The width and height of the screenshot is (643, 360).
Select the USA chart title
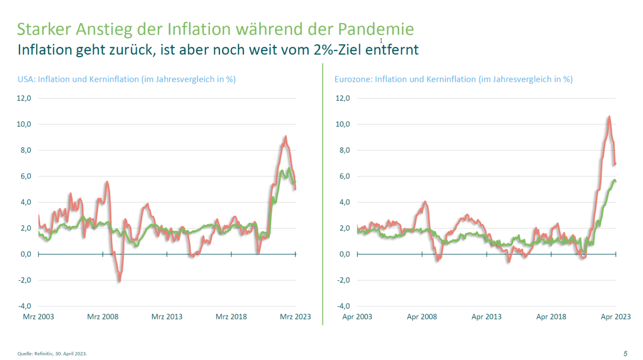(x=127, y=79)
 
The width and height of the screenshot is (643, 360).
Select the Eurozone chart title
(x=453, y=79)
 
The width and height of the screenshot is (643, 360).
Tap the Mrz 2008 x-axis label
(x=102, y=317)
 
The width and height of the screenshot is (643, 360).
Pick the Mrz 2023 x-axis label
(x=295, y=317)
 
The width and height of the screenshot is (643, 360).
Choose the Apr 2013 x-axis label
(x=487, y=317)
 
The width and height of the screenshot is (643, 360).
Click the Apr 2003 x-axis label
(x=357, y=317)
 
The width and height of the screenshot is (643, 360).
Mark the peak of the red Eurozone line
(x=609, y=117)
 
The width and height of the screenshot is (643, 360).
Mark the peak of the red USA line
(x=285, y=136)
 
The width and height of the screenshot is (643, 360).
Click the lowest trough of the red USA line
(x=119, y=281)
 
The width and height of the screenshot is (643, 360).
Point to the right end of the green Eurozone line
(x=615, y=181)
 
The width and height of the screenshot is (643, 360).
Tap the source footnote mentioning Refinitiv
(x=55, y=353)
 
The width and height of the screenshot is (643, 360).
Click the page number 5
(x=625, y=353)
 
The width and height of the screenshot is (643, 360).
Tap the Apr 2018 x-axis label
(x=551, y=317)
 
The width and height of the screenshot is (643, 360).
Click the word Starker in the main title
(x=44, y=29)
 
